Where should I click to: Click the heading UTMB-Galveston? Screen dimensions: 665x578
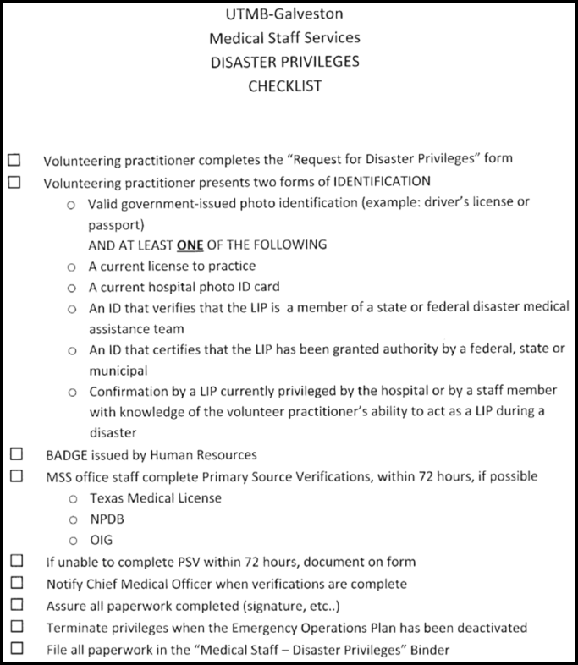pos(284,14)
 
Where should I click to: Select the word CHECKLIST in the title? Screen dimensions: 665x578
pos(284,85)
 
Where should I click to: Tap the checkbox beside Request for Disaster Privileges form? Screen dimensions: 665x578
pos(14,159)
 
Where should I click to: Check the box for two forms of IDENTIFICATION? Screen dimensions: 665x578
pos(14,181)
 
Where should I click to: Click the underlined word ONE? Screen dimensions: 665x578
pos(190,245)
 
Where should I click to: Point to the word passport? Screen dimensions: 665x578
pos(116,226)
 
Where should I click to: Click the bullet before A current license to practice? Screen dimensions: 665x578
pos(72,267)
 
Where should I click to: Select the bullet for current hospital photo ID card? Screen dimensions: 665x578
pos(72,288)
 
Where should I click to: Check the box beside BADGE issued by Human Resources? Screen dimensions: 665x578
pos(16,455)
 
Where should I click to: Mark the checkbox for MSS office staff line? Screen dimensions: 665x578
pos(16,476)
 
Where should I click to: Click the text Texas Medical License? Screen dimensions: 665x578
pos(155,498)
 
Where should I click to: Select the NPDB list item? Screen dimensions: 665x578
pos(107,519)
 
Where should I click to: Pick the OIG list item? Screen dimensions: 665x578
pos(102,541)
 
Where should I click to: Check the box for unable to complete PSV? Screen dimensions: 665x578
pos(16,561)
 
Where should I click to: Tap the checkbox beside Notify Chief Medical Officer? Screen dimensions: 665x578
pos(16,583)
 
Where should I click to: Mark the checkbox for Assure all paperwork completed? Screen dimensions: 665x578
pos(16,605)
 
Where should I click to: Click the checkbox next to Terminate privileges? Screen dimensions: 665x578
pos(16,627)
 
